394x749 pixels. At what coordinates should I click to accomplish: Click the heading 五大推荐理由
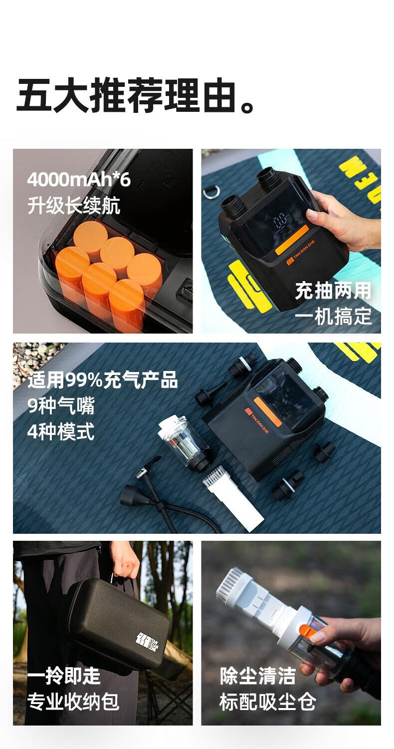tap(136, 95)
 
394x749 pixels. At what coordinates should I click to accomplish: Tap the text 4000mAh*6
tap(78, 180)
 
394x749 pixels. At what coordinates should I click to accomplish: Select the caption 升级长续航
tap(73, 205)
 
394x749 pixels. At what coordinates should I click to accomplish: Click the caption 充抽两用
tap(333, 290)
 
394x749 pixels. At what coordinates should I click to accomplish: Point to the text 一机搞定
tap(333, 316)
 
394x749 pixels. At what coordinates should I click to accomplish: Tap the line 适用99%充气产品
tap(103, 380)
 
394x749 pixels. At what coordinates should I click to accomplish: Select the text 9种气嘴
tap(61, 405)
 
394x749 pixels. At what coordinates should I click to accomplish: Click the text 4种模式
tap(61, 431)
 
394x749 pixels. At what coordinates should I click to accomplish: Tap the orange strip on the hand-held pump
tap(291, 240)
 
